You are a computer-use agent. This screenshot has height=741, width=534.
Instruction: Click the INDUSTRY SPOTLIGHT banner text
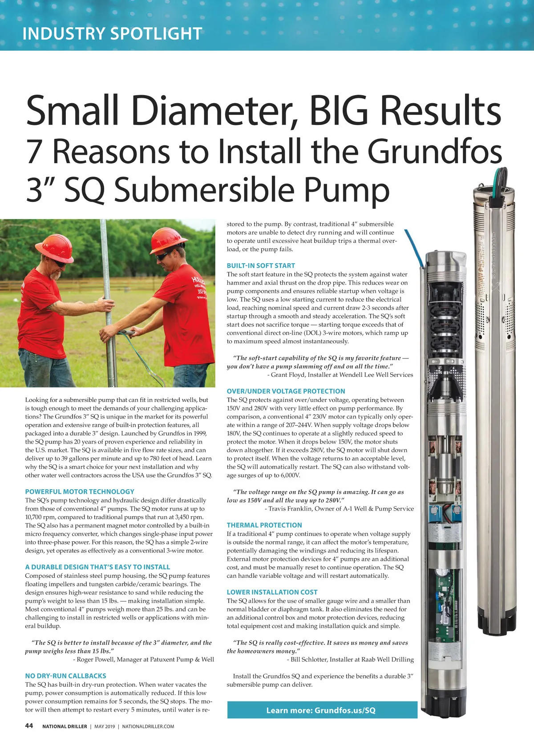[x=112, y=34]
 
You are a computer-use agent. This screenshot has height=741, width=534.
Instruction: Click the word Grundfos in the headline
[x=435, y=151]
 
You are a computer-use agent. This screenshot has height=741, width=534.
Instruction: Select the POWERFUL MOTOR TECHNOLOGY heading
[x=80, y=491]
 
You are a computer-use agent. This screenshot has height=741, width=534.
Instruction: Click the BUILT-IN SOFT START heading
[x=261, y=266]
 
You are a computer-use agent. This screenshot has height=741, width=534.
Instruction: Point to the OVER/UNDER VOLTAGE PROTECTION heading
[x=286, y=391]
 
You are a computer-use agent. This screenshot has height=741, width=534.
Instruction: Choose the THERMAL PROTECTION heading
[x=264, y=525]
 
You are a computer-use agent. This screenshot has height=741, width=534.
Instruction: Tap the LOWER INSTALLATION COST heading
[x=272, y=592]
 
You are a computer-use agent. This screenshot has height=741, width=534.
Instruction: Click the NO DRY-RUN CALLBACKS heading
[x=65, y=676]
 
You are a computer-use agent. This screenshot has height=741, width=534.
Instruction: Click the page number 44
[x=29, y=725]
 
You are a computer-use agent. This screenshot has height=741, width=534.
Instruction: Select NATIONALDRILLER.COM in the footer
[x=148, y=726]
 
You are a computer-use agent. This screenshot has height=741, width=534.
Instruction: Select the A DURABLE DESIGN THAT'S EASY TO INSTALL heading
[x=97, y=567]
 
